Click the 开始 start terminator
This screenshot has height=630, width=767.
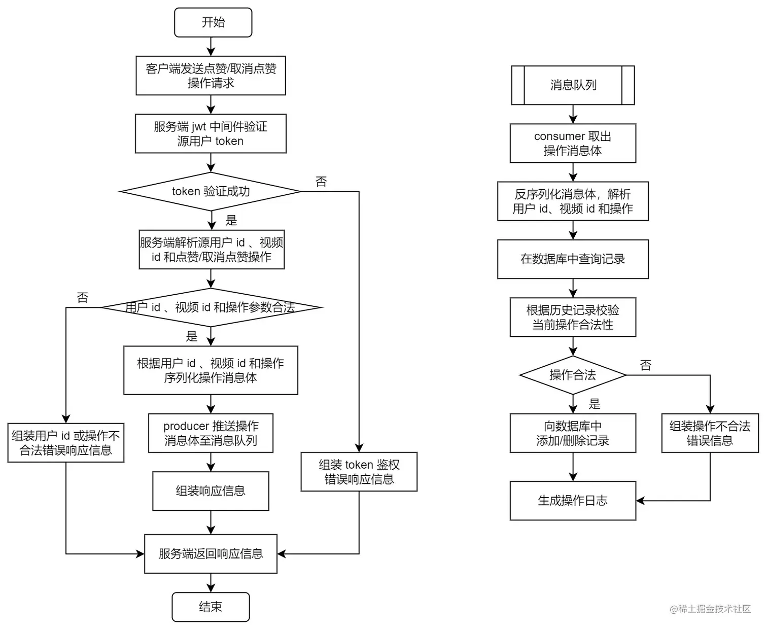pyautogui.click(x=213, y=22)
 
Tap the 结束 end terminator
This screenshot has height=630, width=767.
pyautogui.click(x=211, y=607)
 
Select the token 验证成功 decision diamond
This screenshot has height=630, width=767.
pyautogui.click(x=211, y=191)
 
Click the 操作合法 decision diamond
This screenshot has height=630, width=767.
pyautogui.click(x=573, y=375)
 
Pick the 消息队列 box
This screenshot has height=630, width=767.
pyautogui.click(x=573, y=85)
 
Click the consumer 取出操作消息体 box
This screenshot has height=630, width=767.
pyautogui.click(x=573, y=143)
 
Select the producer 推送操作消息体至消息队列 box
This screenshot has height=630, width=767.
pyautogui.click(x=211, y=433)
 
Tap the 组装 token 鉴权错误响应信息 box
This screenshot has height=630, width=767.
pyautogui.click(x=359, y=472)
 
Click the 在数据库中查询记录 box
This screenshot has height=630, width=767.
pyautogui.click(x=573, y=259)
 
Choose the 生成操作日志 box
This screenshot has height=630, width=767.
pyautogui.click(x=573, y=501)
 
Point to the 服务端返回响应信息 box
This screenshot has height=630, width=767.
pyautogui.click(x=211, y=554)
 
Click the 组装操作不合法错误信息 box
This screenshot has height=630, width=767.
pyautogui.click(x=710, y=433)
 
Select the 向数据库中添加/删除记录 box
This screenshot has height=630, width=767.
pyautogui.click(x=573, y=433)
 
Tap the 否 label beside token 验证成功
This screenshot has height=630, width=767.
pyautogui.click(x=321, y=182)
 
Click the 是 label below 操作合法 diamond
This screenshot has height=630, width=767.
pyautogui.click(x=595, y=404)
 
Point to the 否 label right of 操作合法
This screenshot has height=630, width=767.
pyautogui.click(x=645, y=365)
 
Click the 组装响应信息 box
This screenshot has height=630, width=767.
pyautogui.click(x=211, y=491)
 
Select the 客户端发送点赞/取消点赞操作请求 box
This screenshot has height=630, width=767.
pyautogui.click(x=211, y=76)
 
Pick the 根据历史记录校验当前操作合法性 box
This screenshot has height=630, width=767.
pyautogui.click(x=573, y=317)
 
